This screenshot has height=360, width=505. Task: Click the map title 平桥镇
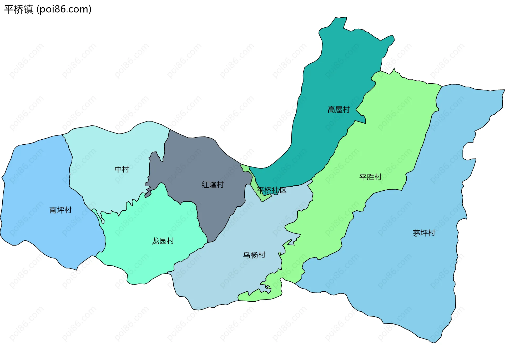coord(18,9)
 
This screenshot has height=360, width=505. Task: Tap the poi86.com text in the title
coord(64,9)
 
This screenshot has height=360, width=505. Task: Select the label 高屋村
coord(339,110)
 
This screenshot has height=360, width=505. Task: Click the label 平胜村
coord(370,177)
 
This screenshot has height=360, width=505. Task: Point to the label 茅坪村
coord(424,233)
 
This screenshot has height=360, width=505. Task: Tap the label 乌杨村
coord(254,255)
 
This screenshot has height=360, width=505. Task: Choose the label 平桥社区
coord(271,190)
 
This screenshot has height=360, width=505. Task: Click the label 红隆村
coord(213,185)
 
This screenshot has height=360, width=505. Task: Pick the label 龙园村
coord(163,241)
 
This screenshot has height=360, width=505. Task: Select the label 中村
coord(122,169)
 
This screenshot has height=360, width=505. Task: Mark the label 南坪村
coord(60,210)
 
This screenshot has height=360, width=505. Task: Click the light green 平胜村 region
coord(395,131)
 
